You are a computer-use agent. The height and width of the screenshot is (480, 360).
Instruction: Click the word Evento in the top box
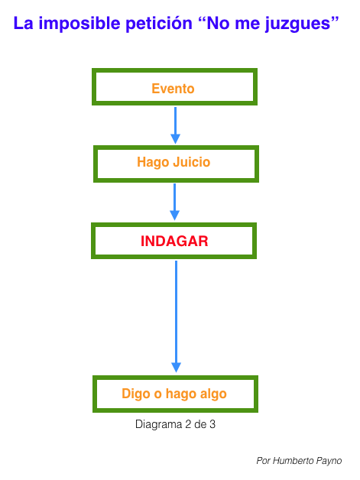click(173, 89)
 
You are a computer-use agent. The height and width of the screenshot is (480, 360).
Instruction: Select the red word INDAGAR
click(174, 242)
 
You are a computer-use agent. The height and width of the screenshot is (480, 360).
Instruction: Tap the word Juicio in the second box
click(192, 162)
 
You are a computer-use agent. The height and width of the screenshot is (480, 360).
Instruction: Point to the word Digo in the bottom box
click(136, 394)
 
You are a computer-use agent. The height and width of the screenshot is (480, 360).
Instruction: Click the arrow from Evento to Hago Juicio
click(175, 125)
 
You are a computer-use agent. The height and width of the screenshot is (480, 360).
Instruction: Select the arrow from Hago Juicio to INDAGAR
click(175, 202)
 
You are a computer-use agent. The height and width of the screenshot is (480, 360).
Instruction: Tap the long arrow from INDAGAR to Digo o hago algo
click(176, 316)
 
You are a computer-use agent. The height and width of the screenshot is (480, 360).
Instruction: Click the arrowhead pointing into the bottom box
click(176, 368)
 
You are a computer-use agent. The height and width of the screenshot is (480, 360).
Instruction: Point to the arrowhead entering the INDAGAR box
click(175, 216)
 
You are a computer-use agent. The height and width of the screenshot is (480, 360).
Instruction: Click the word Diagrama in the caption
click(158, 425)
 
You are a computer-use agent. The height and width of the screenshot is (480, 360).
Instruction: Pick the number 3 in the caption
click(212, 424)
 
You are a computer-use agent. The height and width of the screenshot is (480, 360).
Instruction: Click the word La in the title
click(23, 24)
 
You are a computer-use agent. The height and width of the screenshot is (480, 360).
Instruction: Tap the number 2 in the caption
click(188, 424)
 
